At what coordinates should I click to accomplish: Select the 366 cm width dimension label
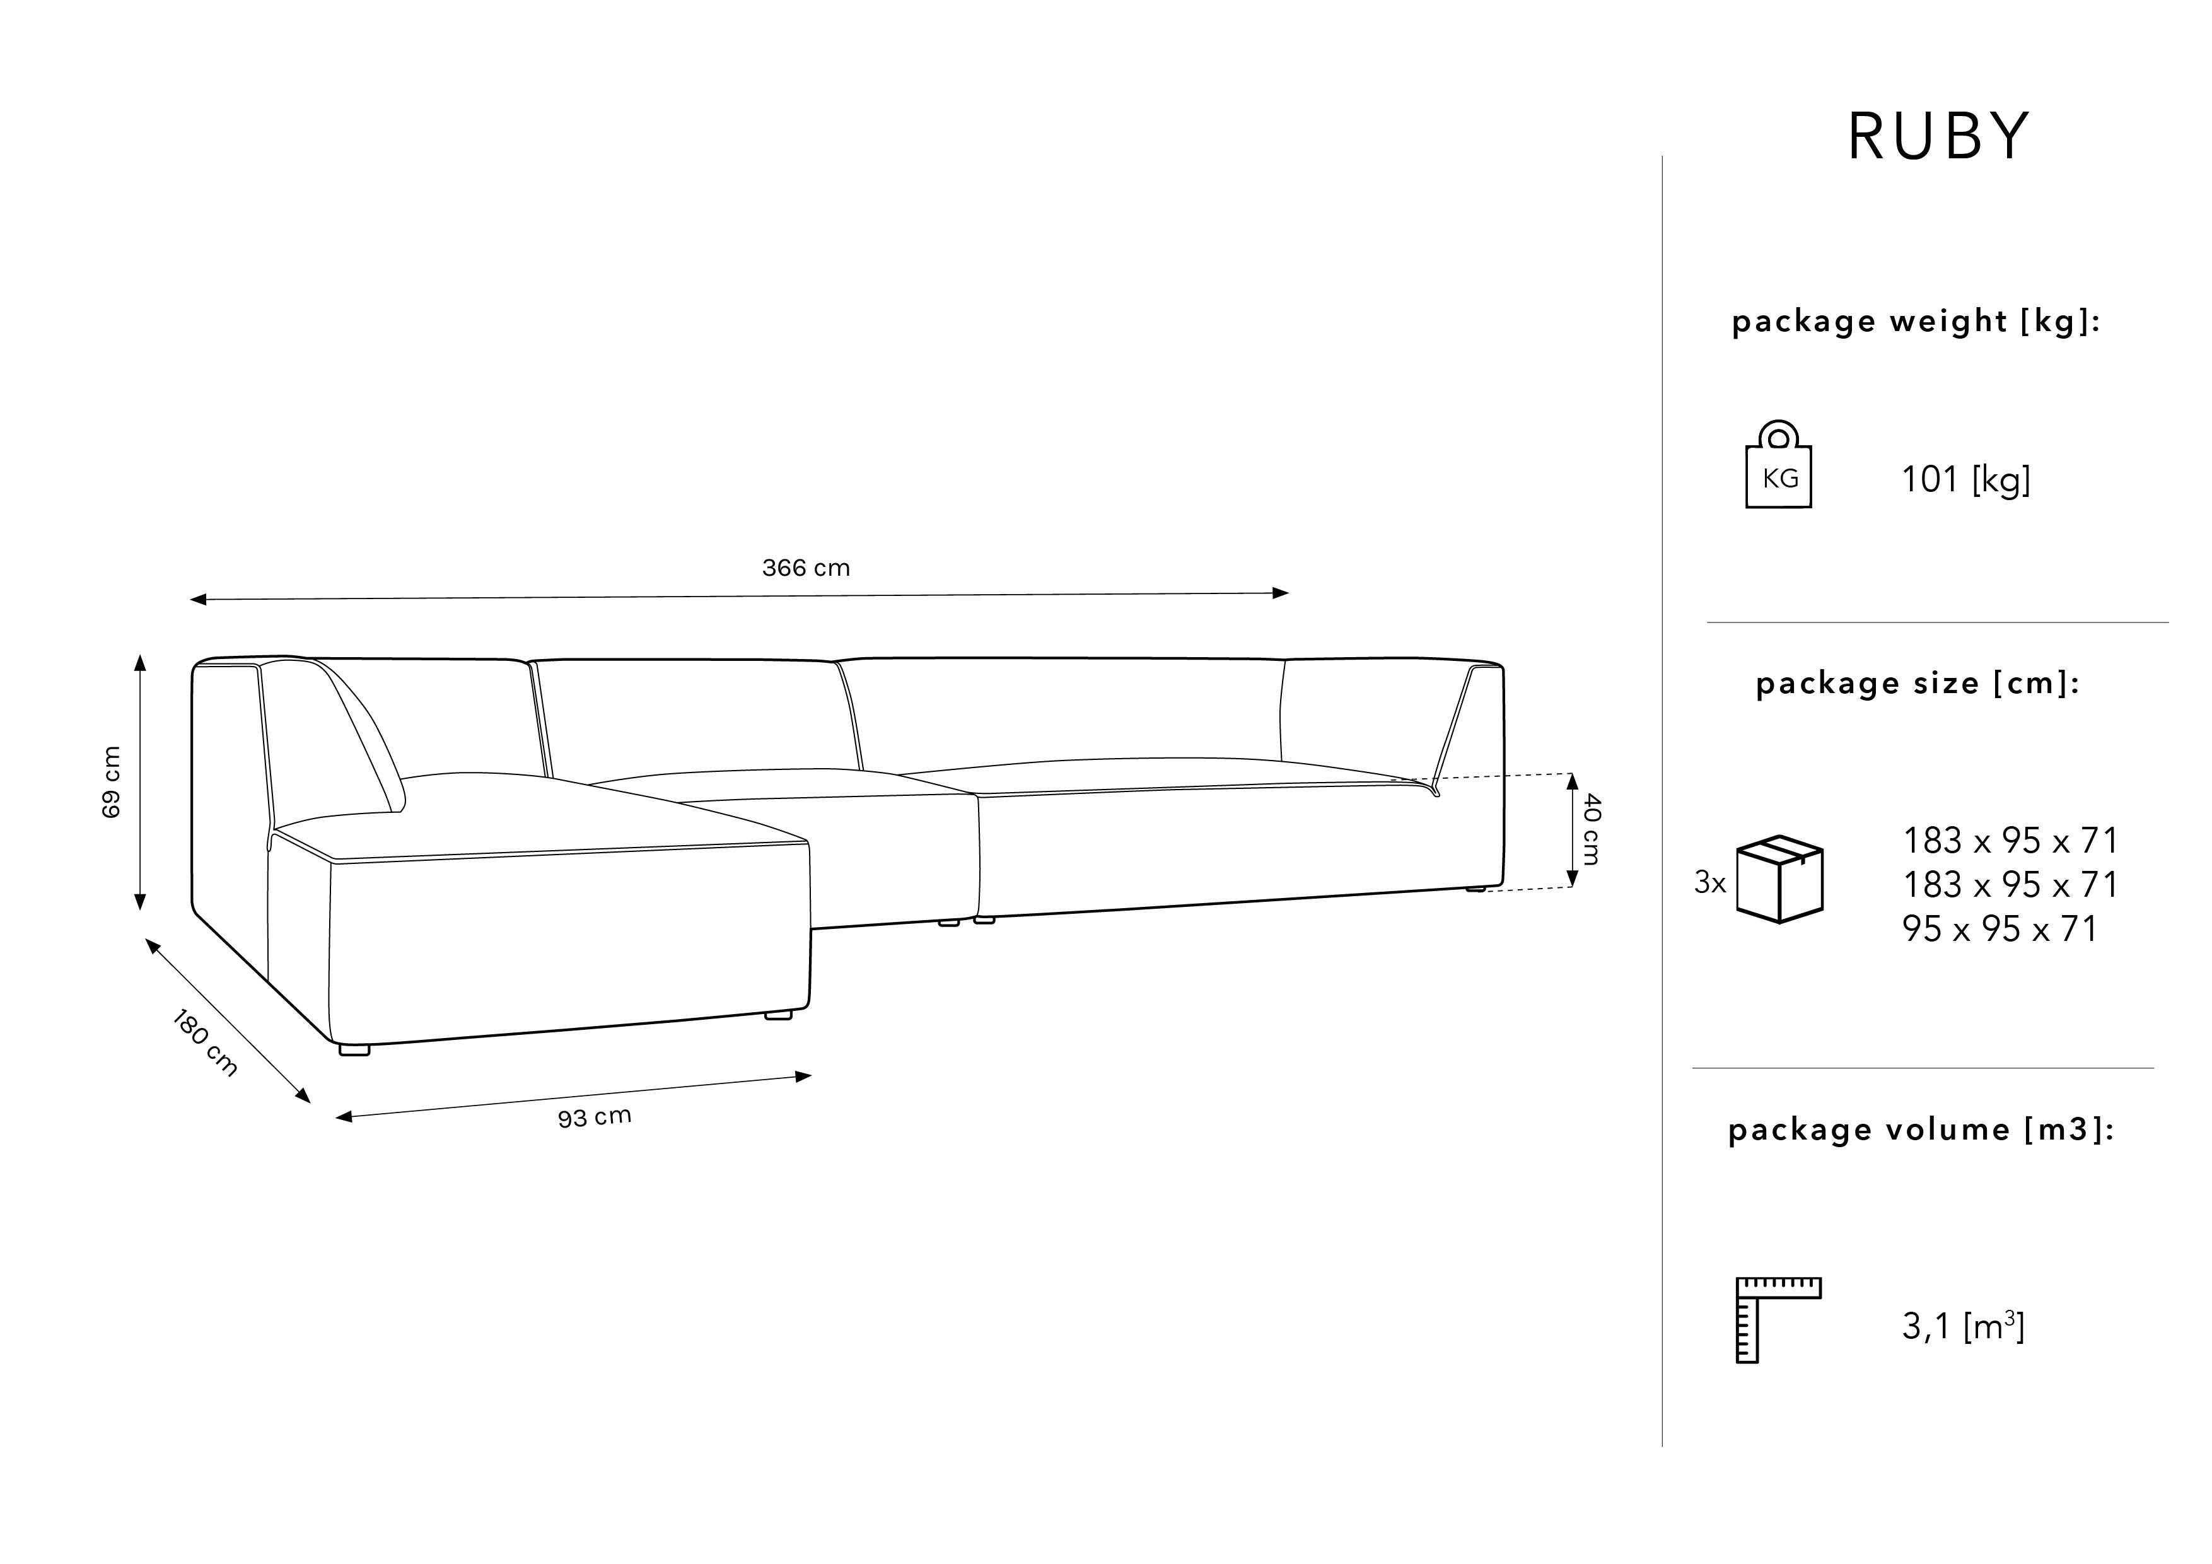tap(805, 568)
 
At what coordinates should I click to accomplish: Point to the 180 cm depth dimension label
tap(204, 1042)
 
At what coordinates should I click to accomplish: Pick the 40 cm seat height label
tap(1592, 829)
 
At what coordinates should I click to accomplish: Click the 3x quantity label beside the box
tap(1709, 882)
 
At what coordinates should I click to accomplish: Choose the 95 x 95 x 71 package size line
tap(1999, 929)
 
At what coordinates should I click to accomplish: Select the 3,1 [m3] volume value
tap(1962, 1327)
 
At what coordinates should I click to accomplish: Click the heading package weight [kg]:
tap(1915, 321)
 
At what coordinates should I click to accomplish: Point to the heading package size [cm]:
tap(1917, 683)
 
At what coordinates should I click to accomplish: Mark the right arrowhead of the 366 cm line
tap(1281, 593)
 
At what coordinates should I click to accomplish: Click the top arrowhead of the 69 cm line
tap(140, 662)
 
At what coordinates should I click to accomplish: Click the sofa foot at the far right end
tap(1476, 889)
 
